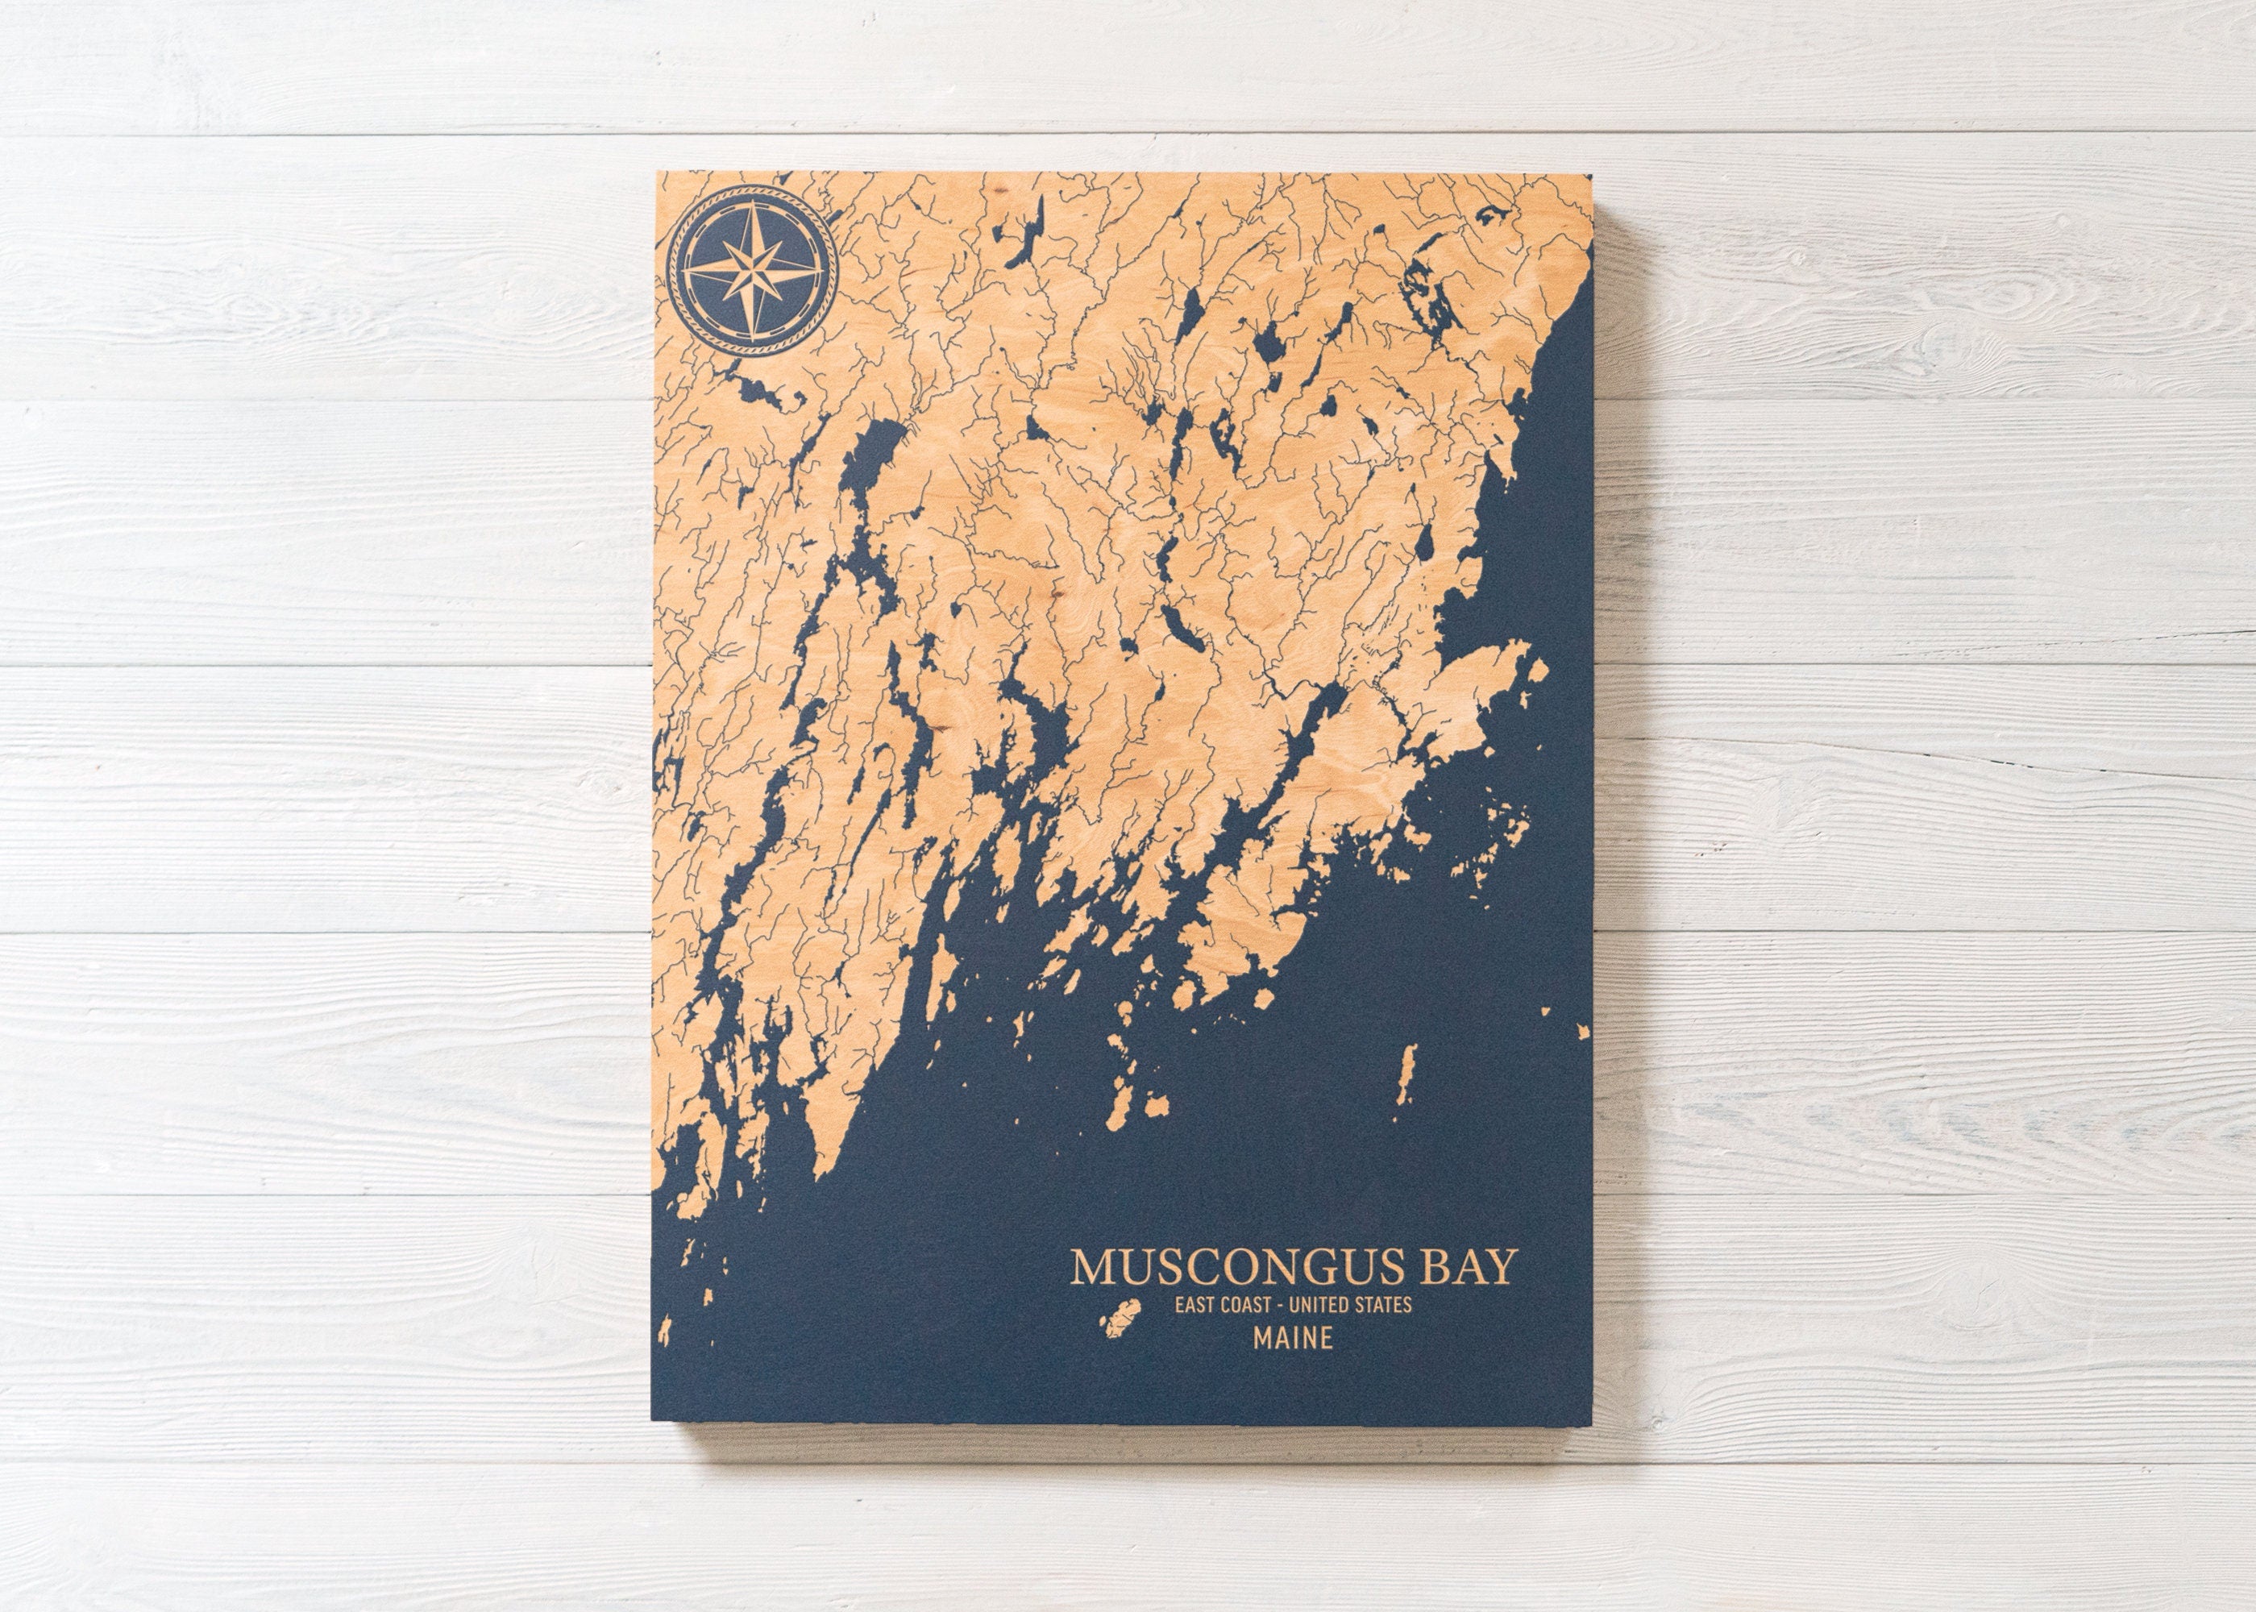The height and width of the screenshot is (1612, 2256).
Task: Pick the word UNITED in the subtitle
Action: click(x=1328, y=1304)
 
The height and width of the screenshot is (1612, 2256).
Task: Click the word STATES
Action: click(x=1386, y=1304)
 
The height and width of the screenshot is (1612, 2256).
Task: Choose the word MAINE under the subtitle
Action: click(x=1292, y=1338)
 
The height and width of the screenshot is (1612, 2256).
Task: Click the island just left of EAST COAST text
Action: click(x=1124, y=1316)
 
